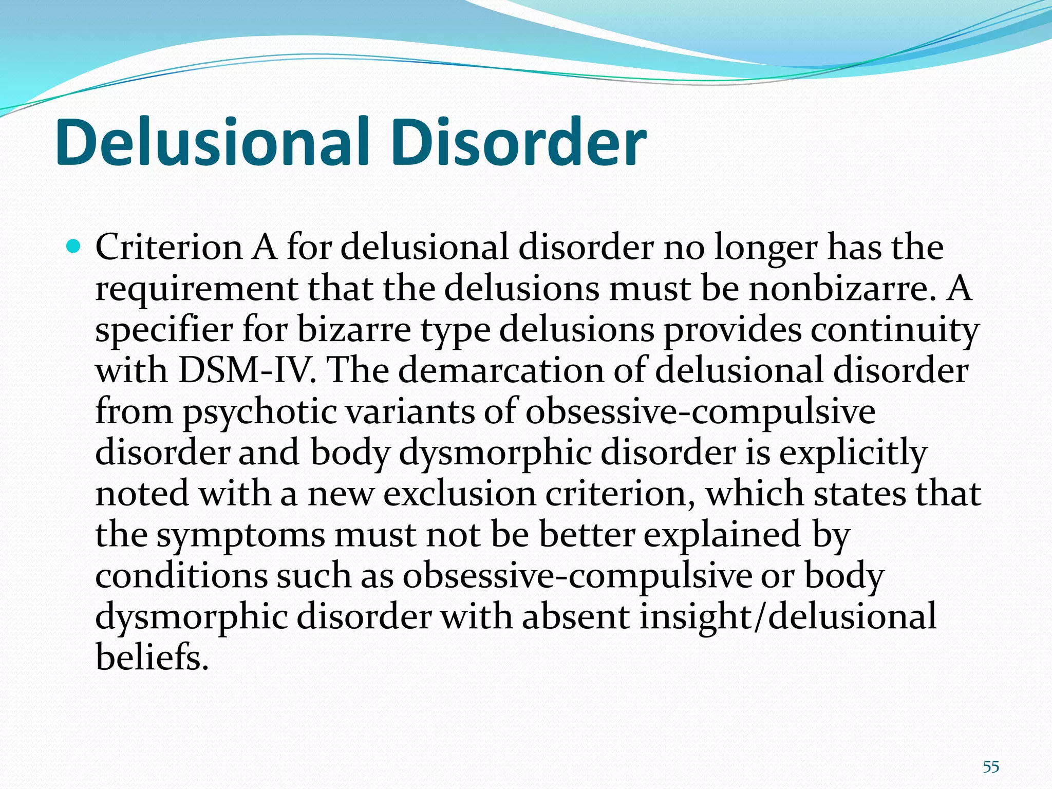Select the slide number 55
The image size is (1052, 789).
[x=991, y=767]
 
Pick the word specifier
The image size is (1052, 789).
[x=164, y=330]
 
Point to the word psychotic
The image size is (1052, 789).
[x=260, y=411]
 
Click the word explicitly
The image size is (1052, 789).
[x=853, y=453]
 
